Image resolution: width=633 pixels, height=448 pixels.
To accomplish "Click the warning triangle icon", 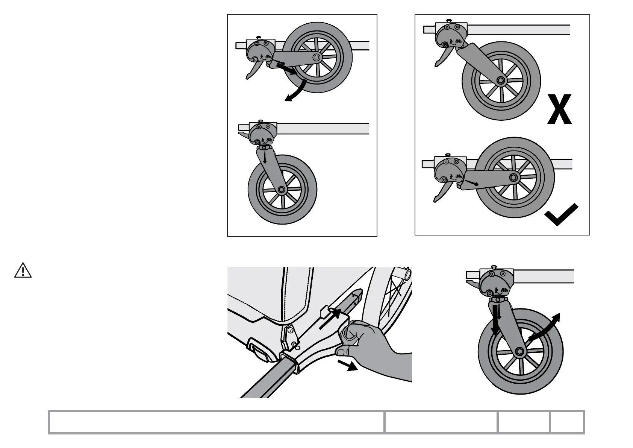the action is click(x=23, y=271).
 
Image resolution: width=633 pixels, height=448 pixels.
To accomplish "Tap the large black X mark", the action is click(x=560, y=109).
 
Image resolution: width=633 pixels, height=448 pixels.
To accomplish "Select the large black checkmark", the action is click(x=561, y=215).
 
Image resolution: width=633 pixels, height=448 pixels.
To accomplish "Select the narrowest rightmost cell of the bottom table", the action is click(x=567, y=422).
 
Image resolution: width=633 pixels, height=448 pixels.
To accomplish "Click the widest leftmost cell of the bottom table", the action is click(x=217, y=422).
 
